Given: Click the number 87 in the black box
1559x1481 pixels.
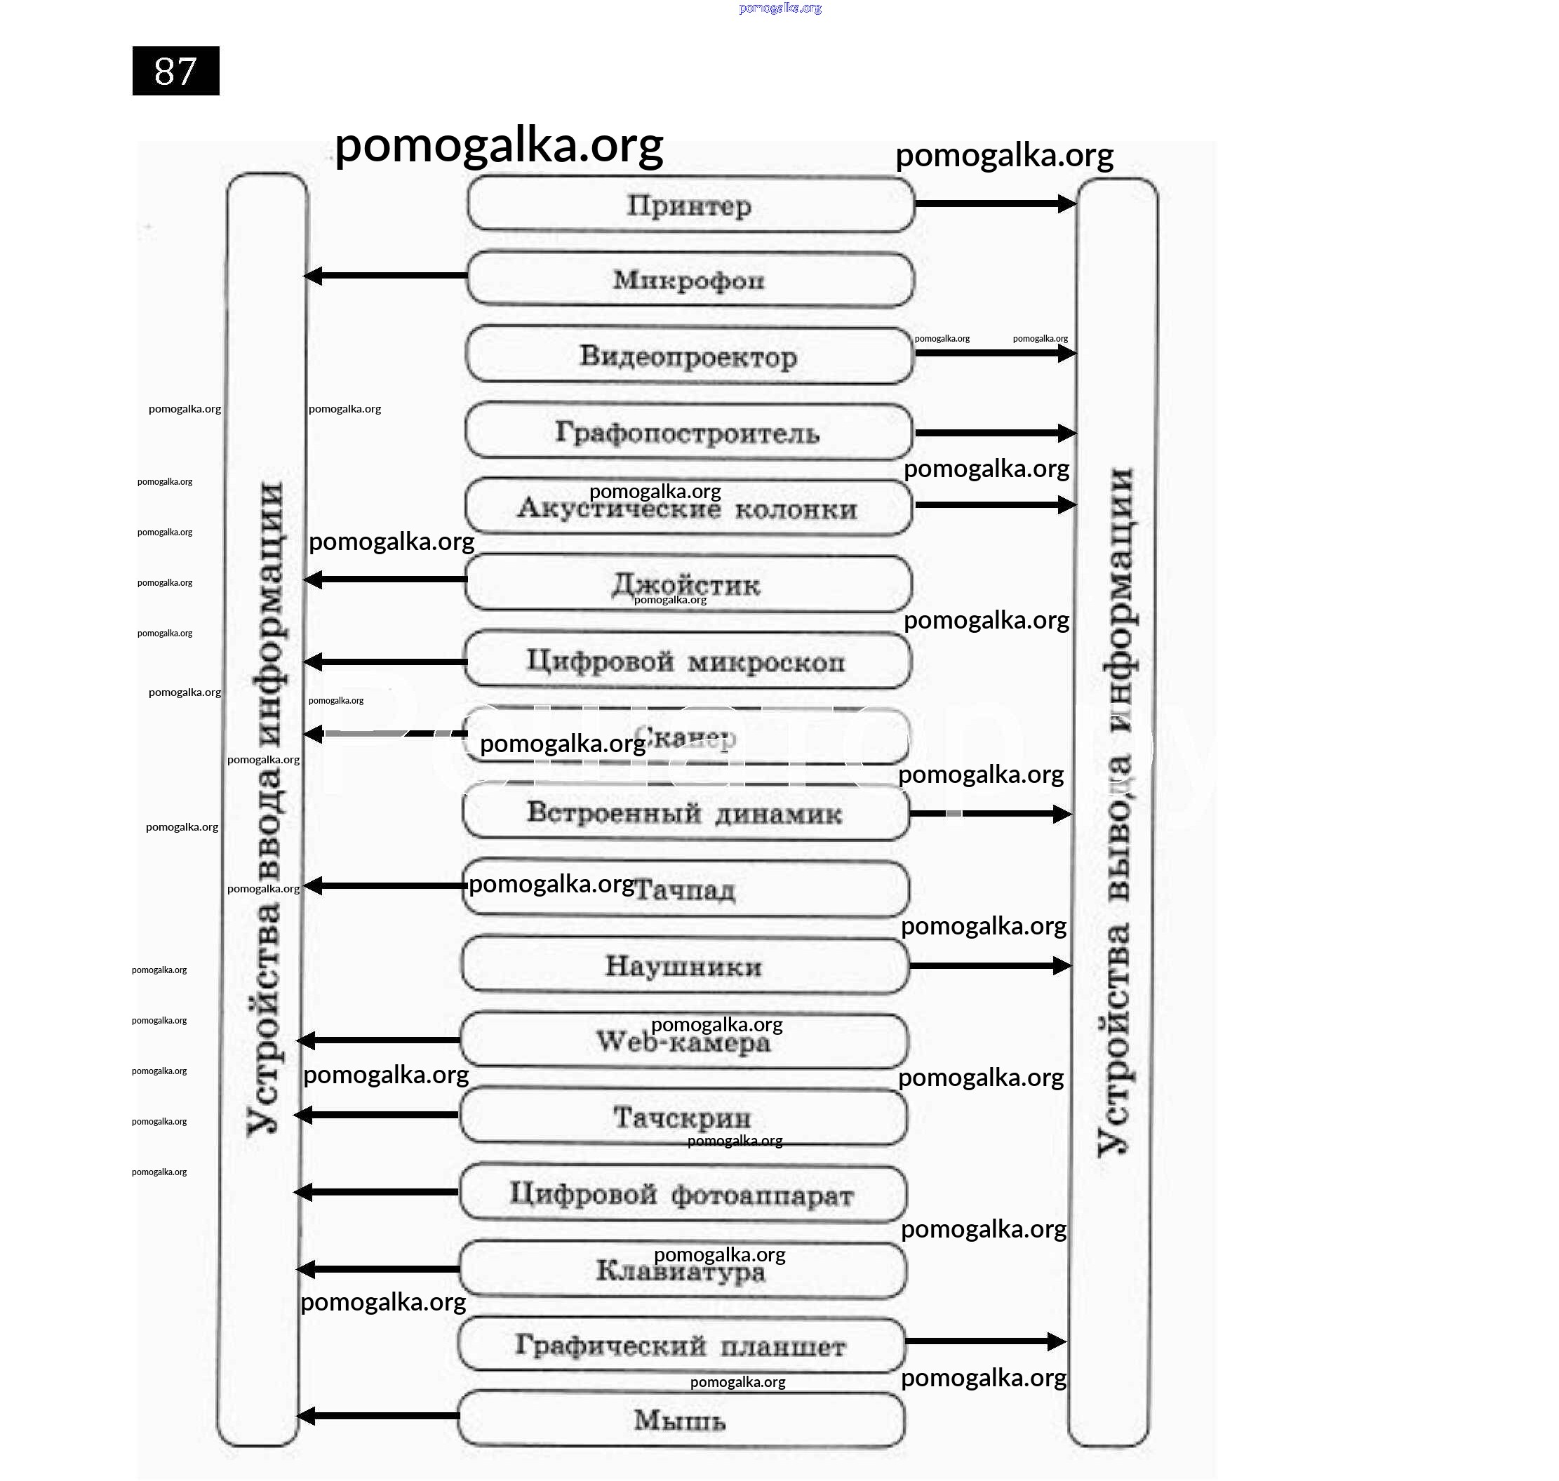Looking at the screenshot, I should pos(175,71).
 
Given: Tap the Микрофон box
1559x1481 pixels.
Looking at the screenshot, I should pos(689,279).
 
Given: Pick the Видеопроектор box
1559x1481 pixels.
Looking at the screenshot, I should pos(688,356).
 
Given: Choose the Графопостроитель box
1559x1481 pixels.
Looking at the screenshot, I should pos(688,432).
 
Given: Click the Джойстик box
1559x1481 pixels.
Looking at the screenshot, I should pos(687,584).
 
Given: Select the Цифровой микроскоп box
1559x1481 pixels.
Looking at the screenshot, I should pos(686,661).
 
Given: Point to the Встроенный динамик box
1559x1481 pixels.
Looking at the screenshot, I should pos(684,813).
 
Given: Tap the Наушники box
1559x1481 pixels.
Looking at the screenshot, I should pos(683,965).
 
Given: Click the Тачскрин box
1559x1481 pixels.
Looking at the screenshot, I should pos(682,1117).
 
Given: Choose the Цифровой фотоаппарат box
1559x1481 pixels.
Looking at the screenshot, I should pos(681,1193).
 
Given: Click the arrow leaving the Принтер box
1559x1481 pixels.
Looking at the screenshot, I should pos(995,203).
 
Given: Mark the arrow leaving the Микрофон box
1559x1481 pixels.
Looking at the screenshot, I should pos(386,276).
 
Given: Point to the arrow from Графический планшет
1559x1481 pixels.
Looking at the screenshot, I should pos(985,1341).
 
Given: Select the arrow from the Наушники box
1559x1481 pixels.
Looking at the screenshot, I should pos(990,965).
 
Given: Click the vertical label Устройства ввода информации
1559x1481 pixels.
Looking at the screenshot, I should pos(265,809).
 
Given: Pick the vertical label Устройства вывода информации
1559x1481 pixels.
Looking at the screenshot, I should pos(1116,813).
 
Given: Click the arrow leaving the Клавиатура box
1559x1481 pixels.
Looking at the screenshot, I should pos(378,1268).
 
